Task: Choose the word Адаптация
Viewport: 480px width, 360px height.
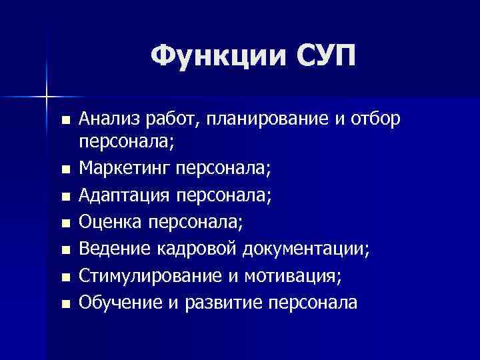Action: [125, 196]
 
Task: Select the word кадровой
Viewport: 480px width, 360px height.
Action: [198, 249]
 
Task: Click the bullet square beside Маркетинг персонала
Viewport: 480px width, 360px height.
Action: [64, 171]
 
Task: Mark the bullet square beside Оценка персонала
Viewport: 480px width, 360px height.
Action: [64, 224]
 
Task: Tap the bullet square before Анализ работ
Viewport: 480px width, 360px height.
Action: [64, 121]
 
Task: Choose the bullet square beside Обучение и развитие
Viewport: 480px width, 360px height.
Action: [64, 304]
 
